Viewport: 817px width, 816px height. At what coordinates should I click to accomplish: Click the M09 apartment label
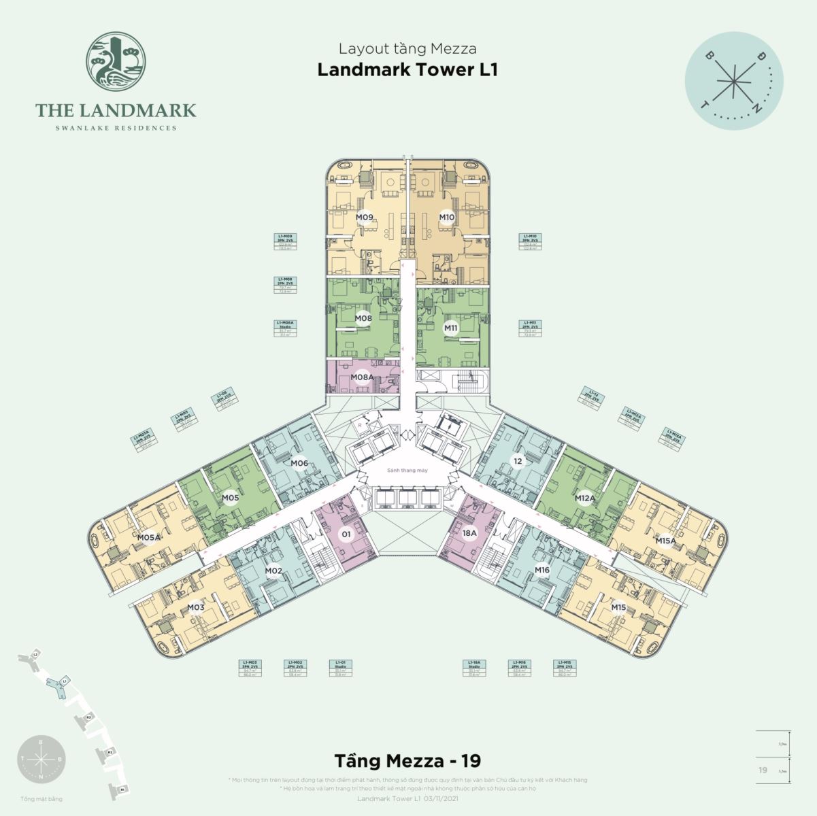(x=365, y=218)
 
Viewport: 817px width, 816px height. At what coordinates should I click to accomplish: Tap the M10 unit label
(x=446, y=218)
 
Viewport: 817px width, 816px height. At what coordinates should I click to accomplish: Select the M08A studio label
(x=362, y=377)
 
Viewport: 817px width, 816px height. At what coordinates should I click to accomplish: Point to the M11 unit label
(x=450, y=328)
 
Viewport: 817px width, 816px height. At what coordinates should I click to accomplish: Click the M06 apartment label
(x=299, y=464)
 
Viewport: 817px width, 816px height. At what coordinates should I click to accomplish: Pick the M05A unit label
(x=149, y=537)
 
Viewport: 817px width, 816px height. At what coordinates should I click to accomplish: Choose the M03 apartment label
(x=196, y=607)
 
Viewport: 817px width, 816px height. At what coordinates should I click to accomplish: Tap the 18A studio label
(x=469, y=534)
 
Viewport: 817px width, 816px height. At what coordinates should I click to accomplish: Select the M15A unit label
(x=665, y=541)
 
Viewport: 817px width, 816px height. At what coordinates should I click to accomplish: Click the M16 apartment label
(x=541, y=570)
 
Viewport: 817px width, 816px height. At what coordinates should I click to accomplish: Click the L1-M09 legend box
(x=285, y=242)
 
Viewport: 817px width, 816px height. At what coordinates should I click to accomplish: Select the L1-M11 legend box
(x=530, y=328)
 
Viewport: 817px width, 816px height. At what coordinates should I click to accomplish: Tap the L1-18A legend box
(x=475, y=668)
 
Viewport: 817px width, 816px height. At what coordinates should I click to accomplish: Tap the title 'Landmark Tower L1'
(x=407, y=71)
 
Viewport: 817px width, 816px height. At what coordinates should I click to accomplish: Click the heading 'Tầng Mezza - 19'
(x=407, y=759)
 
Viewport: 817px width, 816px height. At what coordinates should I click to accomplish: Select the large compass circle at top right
(x=734, y=80)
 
